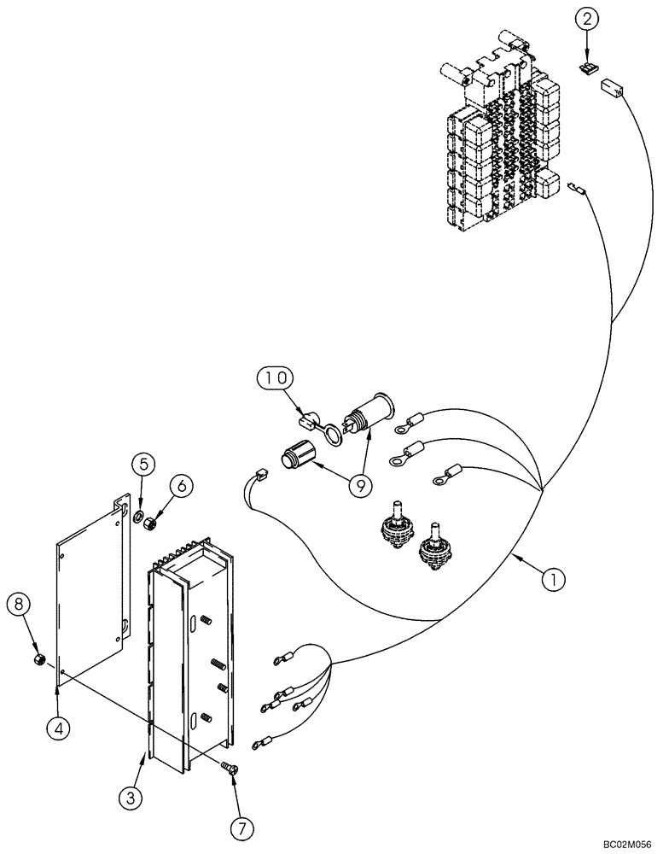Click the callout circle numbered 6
tap(179, 485)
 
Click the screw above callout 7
tap(229, 744)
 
